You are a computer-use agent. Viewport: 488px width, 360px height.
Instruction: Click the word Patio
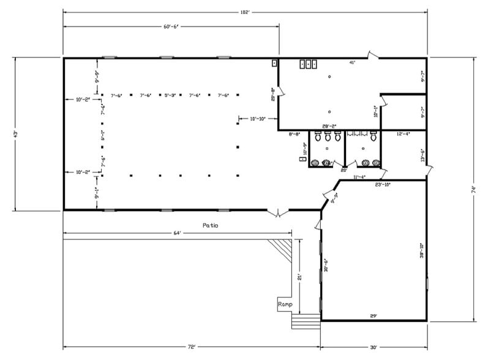click(210, 225)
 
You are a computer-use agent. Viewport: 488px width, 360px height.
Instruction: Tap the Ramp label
click(285, 304)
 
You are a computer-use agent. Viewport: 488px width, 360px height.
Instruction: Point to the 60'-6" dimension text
click(171, 27)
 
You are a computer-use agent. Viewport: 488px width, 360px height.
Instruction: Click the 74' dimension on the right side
click(473, 190)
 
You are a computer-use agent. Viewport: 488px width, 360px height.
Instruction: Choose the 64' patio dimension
click(177, 233)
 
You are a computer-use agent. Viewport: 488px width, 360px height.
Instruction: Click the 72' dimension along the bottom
click(191, 347)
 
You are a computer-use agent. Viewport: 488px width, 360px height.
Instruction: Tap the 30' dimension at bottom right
click(374, 347)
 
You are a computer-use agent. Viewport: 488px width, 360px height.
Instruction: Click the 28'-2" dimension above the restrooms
click(331, 126)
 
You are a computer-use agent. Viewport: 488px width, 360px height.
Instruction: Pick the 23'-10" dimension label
click(382, 184)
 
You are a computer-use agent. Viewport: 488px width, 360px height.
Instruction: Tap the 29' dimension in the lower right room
click(373, 316)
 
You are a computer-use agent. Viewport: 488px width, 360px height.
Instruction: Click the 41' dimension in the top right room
click(352, 62)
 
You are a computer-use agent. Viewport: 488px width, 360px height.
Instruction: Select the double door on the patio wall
click(277, 213)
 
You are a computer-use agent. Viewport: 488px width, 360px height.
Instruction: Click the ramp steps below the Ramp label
click(304, 321)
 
